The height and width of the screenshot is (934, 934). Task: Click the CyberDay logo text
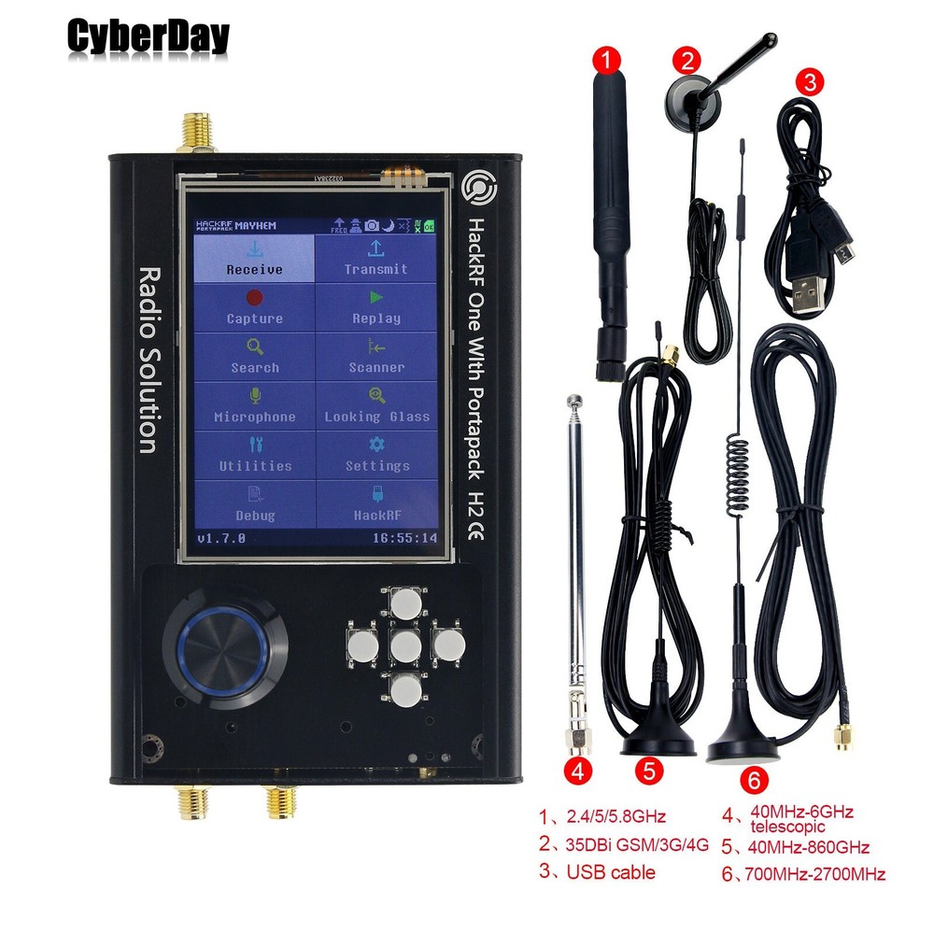148,37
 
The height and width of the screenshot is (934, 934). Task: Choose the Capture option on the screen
254,307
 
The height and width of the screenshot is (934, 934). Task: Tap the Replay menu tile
375,307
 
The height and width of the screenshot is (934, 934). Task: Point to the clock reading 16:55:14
403,538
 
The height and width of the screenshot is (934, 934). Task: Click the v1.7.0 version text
220,538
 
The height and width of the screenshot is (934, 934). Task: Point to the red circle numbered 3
809,82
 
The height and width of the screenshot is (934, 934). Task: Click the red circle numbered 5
650,771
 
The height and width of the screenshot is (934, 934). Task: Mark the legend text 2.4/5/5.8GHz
616,816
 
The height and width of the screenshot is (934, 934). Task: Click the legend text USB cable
611,872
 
